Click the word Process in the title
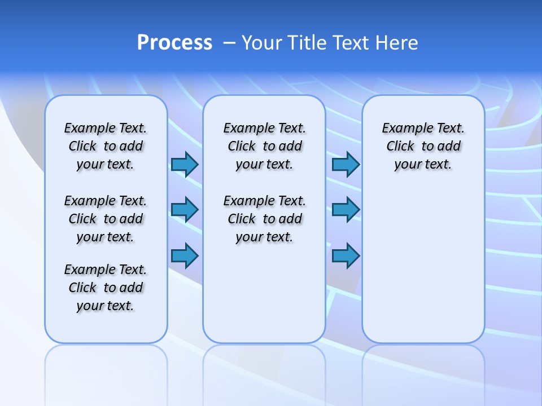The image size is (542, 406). (x=174, y=42)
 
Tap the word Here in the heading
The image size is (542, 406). (x=398, y=43)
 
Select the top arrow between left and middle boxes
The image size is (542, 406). (x=185, y=164)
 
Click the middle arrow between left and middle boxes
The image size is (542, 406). (x=185, y=210)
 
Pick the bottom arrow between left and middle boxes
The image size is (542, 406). (x=185, y=255)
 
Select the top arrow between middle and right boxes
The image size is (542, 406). (x=346, y=164)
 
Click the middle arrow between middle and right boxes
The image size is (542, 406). (x=346, y=210)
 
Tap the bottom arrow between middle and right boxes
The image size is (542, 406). (x=346, y=255)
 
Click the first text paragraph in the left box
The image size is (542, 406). (x=106, y=146)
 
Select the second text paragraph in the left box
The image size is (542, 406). (x=106, y=219)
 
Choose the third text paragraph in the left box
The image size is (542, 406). (x=106, y=288)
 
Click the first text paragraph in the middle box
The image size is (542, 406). (x=264, y=146)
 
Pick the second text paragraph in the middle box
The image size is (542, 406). (x=264, y=219)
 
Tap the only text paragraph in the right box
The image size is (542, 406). (x=423, y=146)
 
